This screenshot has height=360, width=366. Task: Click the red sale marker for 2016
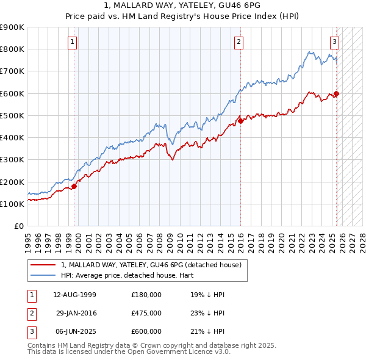pos(240,121)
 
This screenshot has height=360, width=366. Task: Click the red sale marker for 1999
pos(74,186)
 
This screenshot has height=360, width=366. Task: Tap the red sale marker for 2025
pos(336,93)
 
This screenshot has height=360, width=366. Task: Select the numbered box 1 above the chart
pos(73,41)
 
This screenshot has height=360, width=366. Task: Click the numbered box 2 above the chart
pos(239,41)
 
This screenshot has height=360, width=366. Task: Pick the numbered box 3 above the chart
pos(335,41)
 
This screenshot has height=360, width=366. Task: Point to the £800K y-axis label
pos(12,49)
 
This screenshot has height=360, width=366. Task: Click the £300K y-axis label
pos(12,160)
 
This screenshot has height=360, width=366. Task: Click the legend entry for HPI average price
pos(117,275)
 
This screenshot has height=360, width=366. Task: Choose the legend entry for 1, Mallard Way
pos(151,265)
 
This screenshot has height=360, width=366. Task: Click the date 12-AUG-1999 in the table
pos(74,295)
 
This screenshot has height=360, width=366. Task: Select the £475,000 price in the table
pos(146,312)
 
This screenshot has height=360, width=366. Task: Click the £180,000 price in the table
pos(146,295)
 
